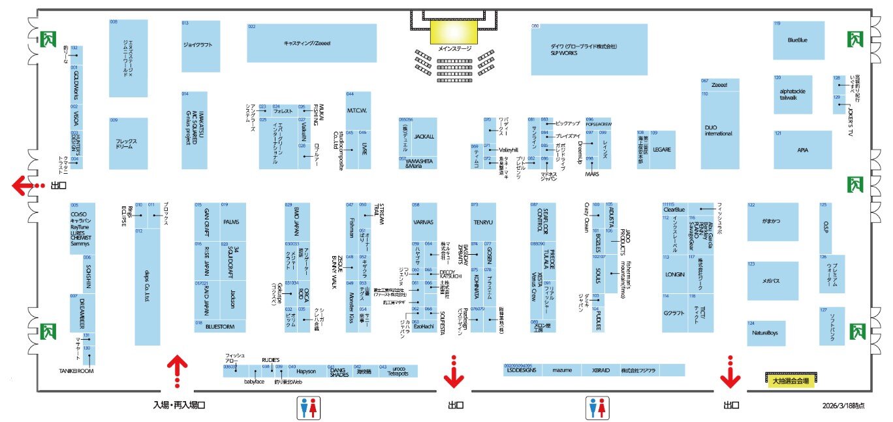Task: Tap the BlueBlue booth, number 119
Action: [798, 41]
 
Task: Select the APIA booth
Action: [802, 150]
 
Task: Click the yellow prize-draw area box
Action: [790, 380]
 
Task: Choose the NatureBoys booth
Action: [766, 333]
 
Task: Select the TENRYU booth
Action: [484, 222]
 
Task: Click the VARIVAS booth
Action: [424, 222]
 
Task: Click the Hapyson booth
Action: [306, 371]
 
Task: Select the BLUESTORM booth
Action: [220, 326]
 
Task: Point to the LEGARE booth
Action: [662, 150]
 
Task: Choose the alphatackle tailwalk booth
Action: [792, 95]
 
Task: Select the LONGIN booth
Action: [674, 275]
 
